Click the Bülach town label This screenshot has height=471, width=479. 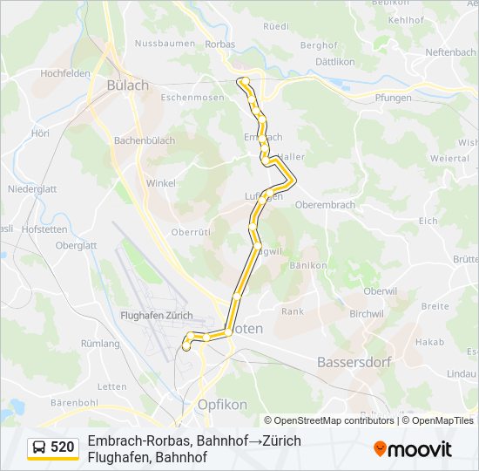[127, 85]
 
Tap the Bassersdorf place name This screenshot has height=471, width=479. [354, 361]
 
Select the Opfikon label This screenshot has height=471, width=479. [222, 405]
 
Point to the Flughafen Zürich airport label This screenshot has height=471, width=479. [157, 315]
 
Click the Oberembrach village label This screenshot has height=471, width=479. [326, 205]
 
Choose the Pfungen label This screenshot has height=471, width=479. [393, 98]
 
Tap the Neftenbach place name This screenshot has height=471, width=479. [450, 52]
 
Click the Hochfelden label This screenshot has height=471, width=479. [65, 73]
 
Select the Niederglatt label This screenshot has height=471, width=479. [32, 188]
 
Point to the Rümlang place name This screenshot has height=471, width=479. [100, 344]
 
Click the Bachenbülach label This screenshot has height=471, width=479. [145, 140]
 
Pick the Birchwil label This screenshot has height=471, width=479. [366, 314]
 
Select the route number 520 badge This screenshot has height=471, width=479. [62, 447]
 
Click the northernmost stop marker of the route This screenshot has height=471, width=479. [245, 81]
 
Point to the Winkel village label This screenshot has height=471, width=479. [160, 183]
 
